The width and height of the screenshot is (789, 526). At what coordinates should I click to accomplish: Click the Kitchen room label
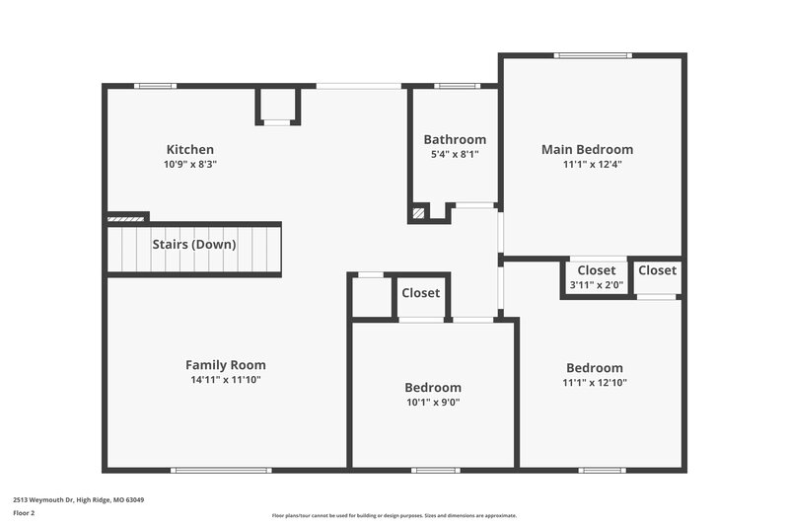189,150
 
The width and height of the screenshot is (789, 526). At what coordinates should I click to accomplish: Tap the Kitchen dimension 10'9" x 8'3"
189,165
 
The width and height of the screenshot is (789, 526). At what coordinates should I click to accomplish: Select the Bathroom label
455,140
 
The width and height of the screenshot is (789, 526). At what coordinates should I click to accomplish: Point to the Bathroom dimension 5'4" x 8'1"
455,155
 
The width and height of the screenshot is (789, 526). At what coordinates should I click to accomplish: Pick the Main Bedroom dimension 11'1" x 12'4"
592,165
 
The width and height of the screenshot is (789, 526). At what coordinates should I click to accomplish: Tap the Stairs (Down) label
193,245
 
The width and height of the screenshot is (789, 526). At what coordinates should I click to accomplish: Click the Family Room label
226,365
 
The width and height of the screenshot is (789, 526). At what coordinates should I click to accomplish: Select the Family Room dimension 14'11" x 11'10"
226,380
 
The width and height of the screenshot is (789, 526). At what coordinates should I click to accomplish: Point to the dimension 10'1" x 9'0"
433,402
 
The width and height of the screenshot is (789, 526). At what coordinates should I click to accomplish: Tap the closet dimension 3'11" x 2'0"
596,286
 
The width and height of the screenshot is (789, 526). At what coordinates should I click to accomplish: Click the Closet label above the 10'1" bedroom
421,293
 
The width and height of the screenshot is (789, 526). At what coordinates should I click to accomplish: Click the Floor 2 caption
24,513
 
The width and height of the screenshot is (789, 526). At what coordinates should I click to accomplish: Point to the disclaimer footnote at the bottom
394,515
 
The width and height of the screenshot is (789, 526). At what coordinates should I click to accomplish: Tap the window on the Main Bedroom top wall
592,55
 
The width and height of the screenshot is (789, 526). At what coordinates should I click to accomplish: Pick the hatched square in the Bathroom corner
418,212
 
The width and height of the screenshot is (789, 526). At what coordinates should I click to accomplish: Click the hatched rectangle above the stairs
126,217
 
